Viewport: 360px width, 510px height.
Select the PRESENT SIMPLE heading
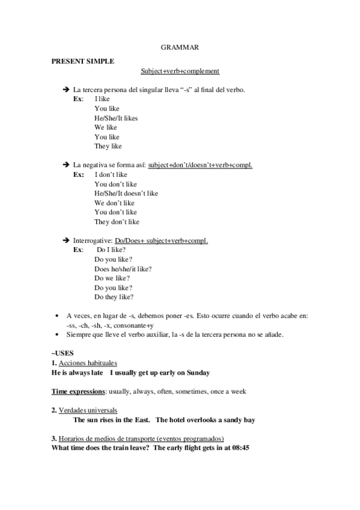tap(82, 61)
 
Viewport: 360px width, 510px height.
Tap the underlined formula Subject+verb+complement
tap(180, 71)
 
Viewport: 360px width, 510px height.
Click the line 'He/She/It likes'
tap(116, 118)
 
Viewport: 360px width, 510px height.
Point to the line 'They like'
tap(108, 146)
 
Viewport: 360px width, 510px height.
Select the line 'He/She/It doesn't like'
tap(126, 193)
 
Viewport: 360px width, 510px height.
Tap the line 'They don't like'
tap(117, 221)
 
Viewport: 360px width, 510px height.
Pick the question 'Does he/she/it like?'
tap(123, 268)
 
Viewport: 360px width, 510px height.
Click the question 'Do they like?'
tap(114, 296)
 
